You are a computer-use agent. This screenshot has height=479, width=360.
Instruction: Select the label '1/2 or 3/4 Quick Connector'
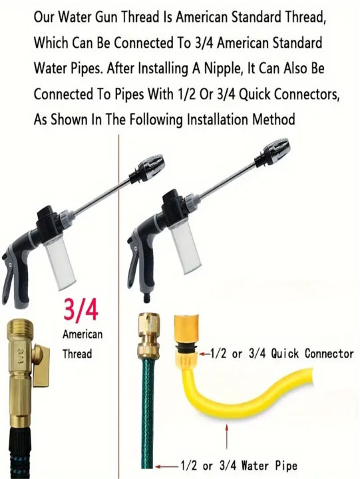(x=281, y=354)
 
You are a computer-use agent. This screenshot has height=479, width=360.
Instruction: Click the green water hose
(x=148, y=419)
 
